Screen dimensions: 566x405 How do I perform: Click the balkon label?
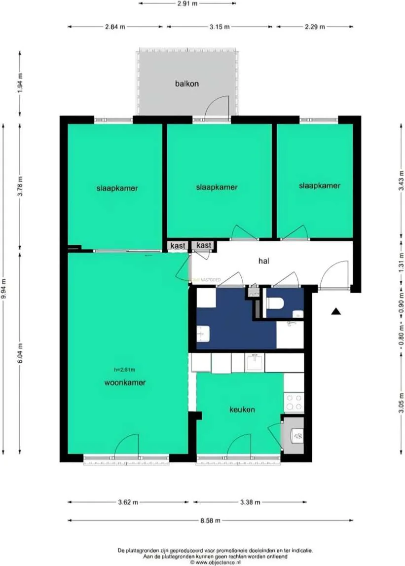pyautogui.click(x=187, y=83)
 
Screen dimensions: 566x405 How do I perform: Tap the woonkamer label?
pyautogui.click(x=125, y=382)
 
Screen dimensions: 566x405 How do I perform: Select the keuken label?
pyautogui.click(x=242, y=409)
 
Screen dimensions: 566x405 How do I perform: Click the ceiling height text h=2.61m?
pyautogui.click(x=124, y=369)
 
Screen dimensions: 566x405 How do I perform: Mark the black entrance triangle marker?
pyautogui.click(x=336, y=311)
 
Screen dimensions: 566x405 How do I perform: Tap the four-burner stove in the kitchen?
pyautogui.click(x=294, y=402)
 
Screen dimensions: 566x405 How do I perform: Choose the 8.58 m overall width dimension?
pyautogui.click(x=211, y=520)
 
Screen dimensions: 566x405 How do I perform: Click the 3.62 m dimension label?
pyautogui.click(x=128, y=502)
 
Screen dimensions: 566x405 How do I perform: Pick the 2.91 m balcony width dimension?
pyautogui.click(x=187, y=3)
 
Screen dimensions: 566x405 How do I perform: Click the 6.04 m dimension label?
pyautogui.click(x=20, y=352)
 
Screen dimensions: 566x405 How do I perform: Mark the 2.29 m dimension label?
pyautogui.click(x=315, y=27)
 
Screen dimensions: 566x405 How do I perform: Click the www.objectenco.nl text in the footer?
pyautogui.click(x=216, y=562)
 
